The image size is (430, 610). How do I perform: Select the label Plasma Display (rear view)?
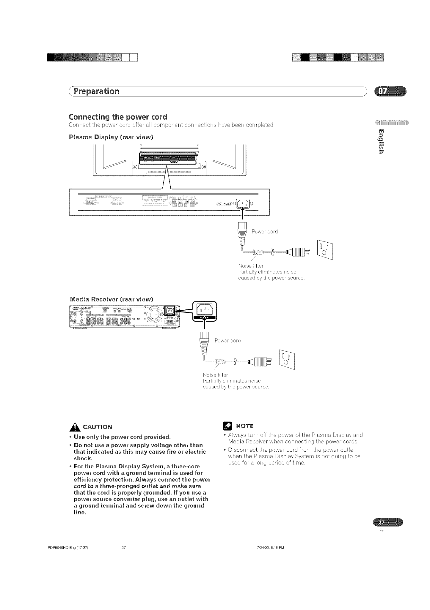click(111, 137)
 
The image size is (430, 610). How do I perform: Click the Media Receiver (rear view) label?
click(112, 298)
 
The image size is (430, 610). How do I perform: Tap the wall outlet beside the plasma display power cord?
click(325, 249)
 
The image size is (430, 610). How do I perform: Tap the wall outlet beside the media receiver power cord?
click(287, 360)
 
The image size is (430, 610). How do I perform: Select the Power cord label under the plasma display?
click(264, 232)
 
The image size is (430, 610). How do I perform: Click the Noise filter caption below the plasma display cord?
click(251, 266)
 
